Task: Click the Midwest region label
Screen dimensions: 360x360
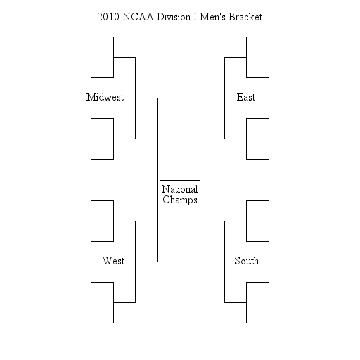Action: [105, 97]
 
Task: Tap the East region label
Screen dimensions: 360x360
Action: [246, 97]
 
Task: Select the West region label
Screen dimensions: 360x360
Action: [113, 261]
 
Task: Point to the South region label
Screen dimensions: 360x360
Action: [247, 261]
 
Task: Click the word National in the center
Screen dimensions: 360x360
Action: [180, 189]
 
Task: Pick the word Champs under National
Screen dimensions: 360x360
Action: [180, 200]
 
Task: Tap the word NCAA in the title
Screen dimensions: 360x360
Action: [138, 17]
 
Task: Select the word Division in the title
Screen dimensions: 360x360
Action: [174, 17]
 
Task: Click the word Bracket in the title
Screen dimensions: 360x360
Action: [245, 17]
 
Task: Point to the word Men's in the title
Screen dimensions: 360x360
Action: [212, 17]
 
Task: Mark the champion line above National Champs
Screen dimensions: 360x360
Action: [180, 180]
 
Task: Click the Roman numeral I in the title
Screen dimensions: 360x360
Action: [195, 17]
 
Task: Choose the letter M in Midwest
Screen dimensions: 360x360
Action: [90, 97]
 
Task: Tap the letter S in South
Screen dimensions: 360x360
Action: [237, 261]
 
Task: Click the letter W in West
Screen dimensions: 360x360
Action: [106, 261]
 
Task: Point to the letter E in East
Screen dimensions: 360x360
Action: [240, 97]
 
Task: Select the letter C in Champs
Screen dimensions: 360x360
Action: [165, 200]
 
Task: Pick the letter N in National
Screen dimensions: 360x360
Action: [165, 189]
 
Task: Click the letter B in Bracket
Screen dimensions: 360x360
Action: [231, 17]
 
